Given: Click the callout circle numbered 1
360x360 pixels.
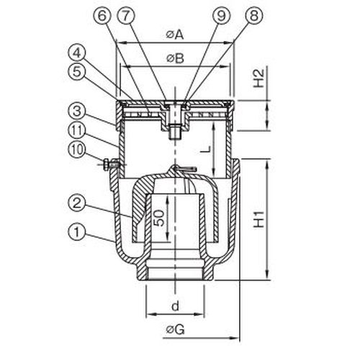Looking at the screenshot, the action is [77, 232].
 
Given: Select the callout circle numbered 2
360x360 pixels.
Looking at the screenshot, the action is [77, 203].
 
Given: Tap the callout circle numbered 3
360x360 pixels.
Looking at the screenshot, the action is [77, 112].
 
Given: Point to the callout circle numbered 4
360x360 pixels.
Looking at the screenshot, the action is [77, 53].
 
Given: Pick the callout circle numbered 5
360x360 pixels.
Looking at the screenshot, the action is [77, 71].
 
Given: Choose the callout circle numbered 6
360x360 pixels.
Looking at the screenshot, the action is [102, 16].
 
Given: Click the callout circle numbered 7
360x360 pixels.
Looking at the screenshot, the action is [126, 16].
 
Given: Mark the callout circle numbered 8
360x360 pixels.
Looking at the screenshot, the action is [254, 16].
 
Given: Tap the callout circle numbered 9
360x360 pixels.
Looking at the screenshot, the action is [221, 16].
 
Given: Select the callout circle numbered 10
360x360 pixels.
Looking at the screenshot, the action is [77, 150].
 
